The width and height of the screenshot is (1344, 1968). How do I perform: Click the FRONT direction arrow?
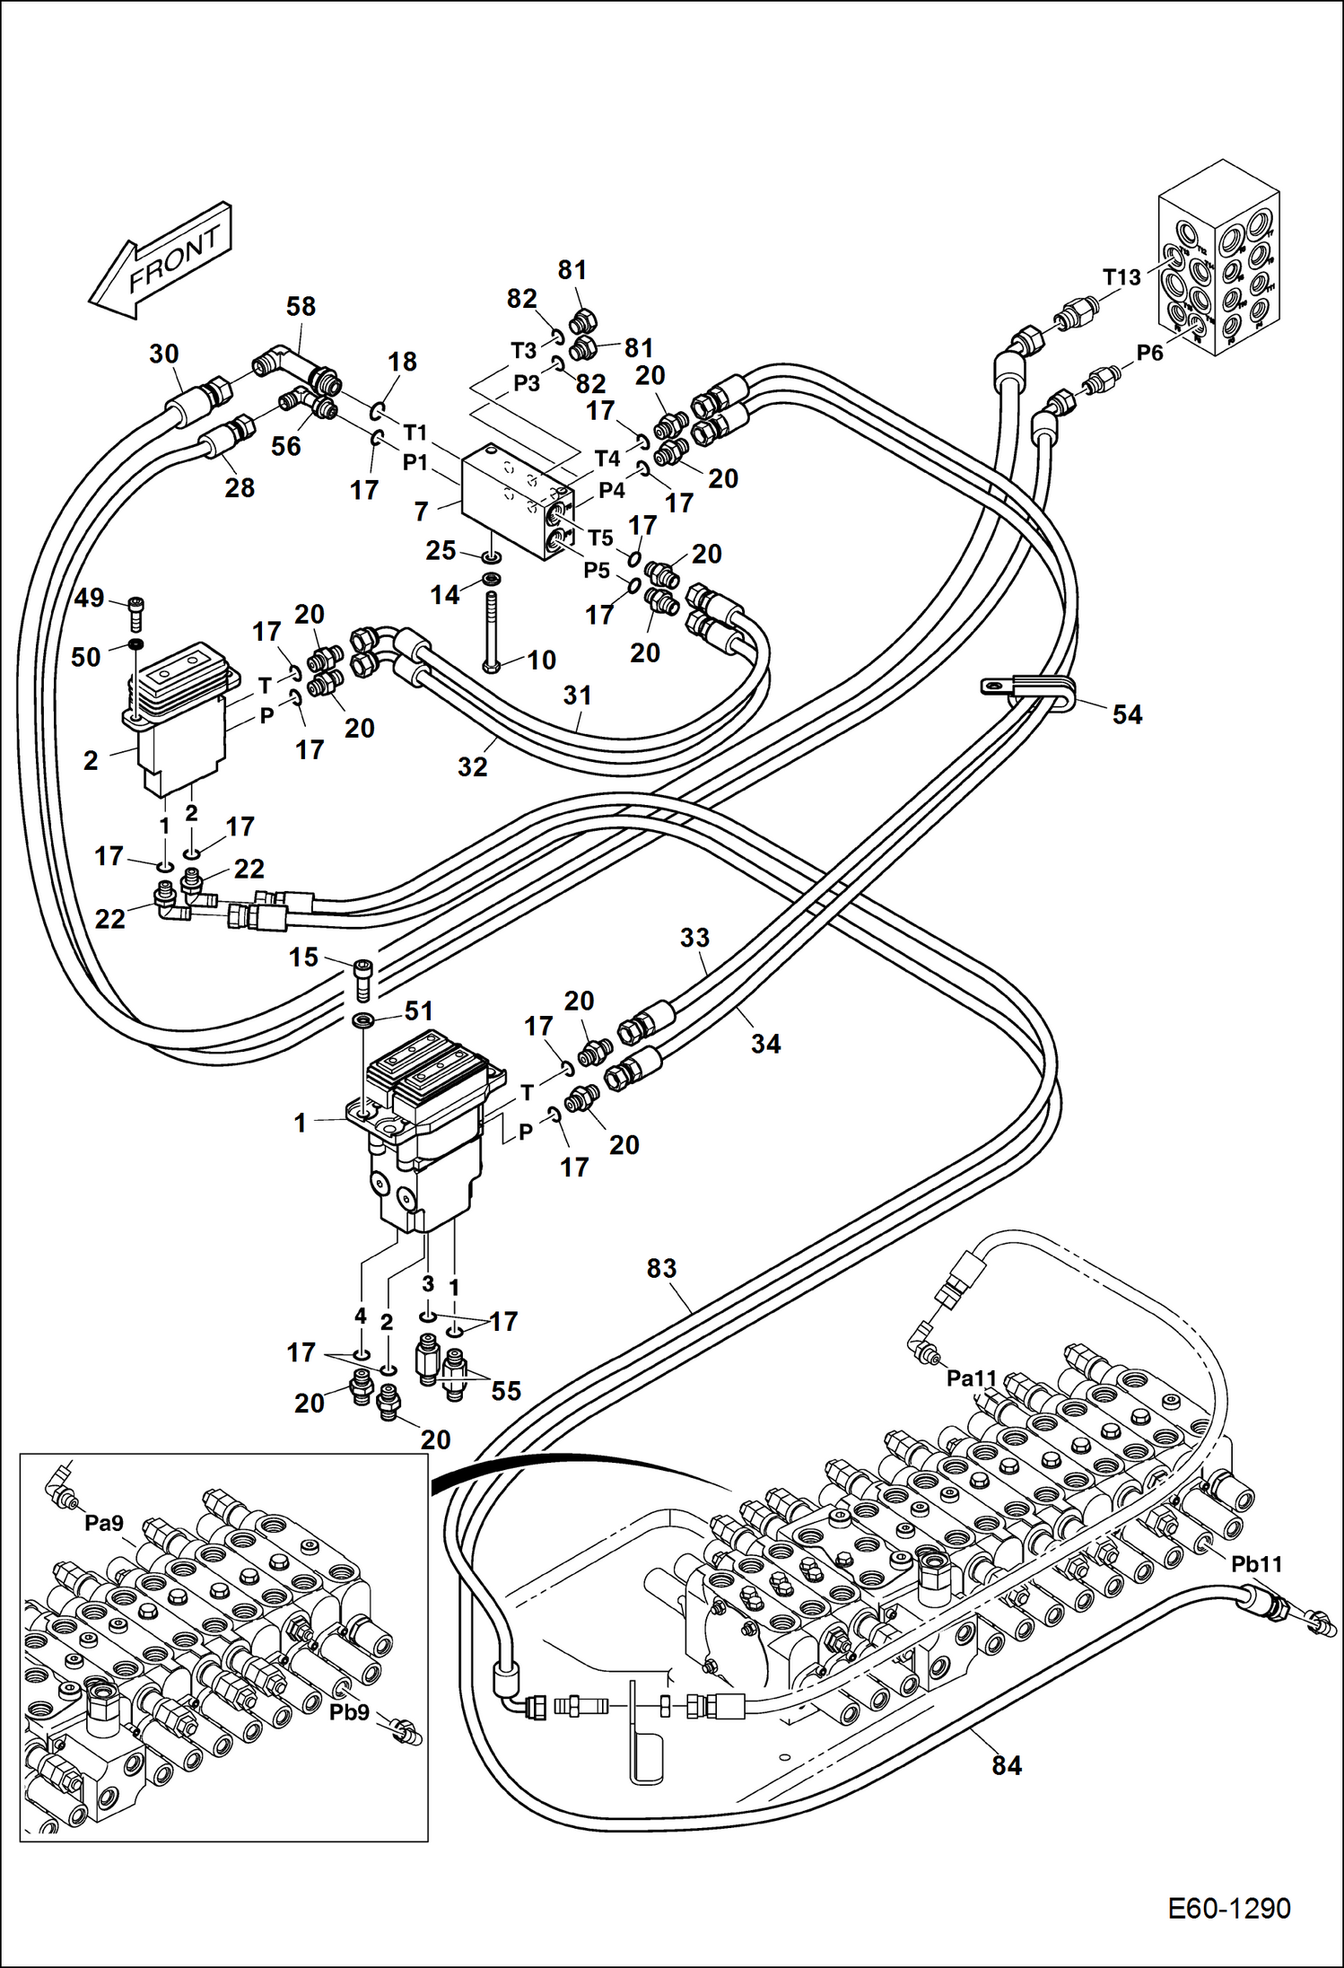161,260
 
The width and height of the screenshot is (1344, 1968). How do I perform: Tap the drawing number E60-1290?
1228,1907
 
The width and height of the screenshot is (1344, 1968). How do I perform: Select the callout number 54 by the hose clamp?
1127,714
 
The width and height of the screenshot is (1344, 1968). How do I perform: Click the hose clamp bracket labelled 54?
1023,690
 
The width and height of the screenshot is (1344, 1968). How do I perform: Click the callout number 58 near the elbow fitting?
301,307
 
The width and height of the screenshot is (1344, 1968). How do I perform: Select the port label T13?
1121,277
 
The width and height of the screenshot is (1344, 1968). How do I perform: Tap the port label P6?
1149,353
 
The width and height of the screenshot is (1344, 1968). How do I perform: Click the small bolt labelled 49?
136,613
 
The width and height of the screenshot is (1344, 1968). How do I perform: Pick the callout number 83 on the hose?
661,1268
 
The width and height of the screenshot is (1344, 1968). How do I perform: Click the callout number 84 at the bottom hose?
1007,1766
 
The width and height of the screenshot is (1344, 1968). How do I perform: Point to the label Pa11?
972,1378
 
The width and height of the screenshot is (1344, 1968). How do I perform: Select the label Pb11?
1256,1564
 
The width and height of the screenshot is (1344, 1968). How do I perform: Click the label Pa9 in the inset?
104,1523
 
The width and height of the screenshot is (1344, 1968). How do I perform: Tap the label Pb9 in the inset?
349,1712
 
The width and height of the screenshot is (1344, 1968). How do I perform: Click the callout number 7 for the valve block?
422,512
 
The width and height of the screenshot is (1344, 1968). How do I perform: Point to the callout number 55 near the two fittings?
506,1391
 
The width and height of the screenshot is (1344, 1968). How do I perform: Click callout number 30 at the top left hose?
163,354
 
